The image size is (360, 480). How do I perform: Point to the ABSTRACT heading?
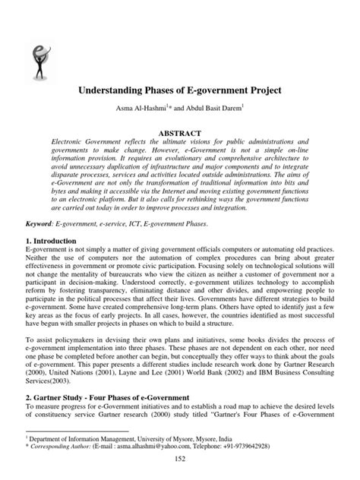point(179,132)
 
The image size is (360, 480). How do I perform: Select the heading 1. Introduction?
point(49,241)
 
